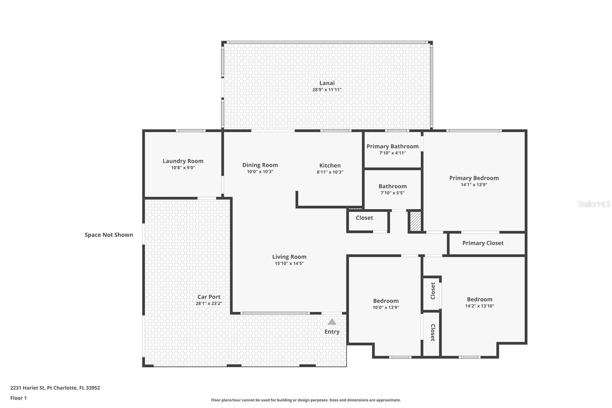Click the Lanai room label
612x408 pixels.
point(327,83)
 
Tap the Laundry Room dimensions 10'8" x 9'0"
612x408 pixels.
point(183,168)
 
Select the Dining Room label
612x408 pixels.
point(260,165)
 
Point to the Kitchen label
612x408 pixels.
point(330,165)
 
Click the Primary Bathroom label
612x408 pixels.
point(392,146)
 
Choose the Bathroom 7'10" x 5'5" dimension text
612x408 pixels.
point(392,193)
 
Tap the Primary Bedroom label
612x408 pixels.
point(474,178)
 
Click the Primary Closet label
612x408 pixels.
point(483,243)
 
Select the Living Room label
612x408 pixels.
point(289,257)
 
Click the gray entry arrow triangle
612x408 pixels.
point(332,322)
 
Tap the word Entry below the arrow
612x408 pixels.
point(332,332)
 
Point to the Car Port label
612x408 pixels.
point(209,297)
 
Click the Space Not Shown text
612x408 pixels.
point(109,235)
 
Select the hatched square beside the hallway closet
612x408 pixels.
point(415,221)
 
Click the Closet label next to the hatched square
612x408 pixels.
point(364,218)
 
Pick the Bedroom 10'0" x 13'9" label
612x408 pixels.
point(386,301)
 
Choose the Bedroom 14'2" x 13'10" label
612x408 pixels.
point(479,299)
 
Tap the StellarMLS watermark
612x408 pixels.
point(594,204)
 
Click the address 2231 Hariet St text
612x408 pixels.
point(55,388)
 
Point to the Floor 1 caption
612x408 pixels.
point(18,398)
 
